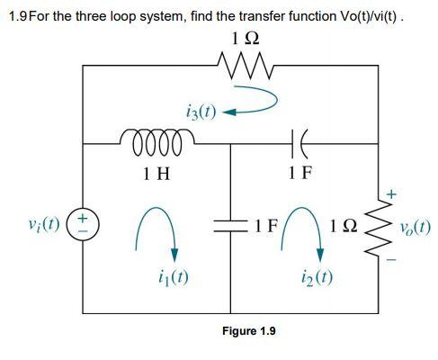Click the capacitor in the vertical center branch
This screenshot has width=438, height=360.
229,221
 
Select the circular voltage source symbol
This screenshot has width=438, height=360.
82,222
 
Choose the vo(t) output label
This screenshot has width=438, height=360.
415,226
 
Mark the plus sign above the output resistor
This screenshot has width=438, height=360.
389,193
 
